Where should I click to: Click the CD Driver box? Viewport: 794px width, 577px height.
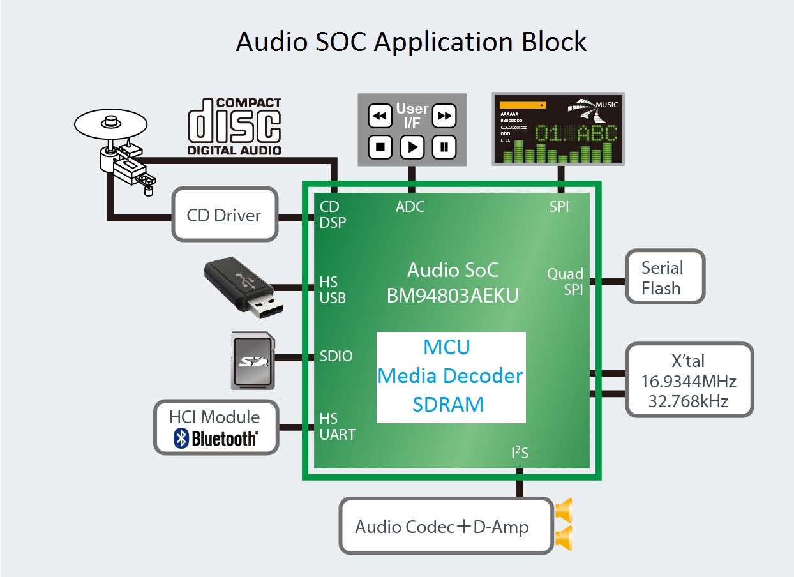225,214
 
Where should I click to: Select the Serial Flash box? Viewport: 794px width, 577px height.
664,278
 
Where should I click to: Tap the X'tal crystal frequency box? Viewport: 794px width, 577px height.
689,381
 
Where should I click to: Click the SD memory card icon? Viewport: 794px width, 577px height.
253,361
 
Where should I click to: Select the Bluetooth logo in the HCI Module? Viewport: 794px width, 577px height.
216,438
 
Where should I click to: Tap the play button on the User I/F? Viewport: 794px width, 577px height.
412,147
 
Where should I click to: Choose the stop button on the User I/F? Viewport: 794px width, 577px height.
380,147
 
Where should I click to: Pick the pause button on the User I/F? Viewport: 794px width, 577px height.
444,147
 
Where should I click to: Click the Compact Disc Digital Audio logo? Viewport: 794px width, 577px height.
234,126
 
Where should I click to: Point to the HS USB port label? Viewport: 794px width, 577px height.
333,290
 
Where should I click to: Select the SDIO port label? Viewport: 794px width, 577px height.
336,356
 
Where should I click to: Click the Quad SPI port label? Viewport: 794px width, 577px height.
566,281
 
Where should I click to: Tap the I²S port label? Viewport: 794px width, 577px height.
520,454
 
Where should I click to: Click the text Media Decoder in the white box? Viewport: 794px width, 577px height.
451,376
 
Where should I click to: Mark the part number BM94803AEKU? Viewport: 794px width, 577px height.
452,296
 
